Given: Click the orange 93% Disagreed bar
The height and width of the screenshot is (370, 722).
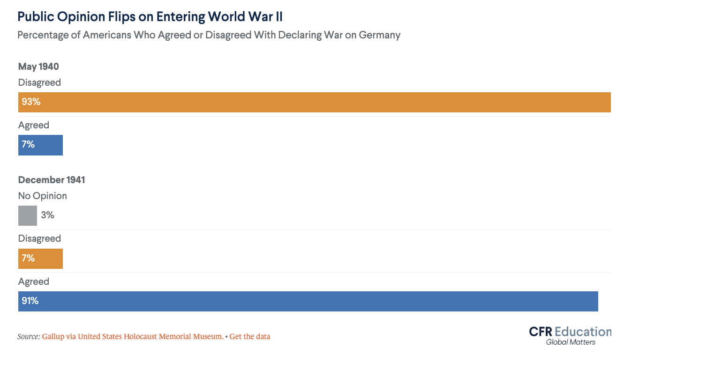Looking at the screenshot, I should pos(314,102).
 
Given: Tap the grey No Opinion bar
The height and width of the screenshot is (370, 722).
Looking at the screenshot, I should pos(28,215).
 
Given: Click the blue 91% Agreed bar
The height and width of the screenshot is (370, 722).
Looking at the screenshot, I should pos(308,301).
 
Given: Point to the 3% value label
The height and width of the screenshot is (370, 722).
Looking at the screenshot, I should pos(48,215).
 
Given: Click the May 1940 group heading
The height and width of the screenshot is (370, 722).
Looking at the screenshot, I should pos(38,67).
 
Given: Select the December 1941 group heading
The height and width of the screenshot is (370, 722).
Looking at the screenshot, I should pos(52,180).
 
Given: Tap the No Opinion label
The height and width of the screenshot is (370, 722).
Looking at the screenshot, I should pos(43,196).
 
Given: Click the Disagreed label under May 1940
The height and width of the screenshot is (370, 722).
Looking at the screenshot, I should pos(39,82).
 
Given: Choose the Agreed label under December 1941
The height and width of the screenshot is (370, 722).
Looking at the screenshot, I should pos(34,281).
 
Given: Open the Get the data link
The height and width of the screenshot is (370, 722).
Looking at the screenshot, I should pos(250,336).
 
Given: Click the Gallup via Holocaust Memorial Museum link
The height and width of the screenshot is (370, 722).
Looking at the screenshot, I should pos(133,336).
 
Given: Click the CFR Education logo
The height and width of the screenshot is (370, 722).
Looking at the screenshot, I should pos(570,332).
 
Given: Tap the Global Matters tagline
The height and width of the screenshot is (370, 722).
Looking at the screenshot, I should pos(571,342).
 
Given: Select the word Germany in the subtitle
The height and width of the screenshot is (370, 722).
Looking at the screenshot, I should pos(380,35).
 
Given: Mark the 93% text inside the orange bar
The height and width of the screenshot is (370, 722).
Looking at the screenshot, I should pos(31,102).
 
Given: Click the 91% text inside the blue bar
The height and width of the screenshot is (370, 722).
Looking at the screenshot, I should pos(30,301).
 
